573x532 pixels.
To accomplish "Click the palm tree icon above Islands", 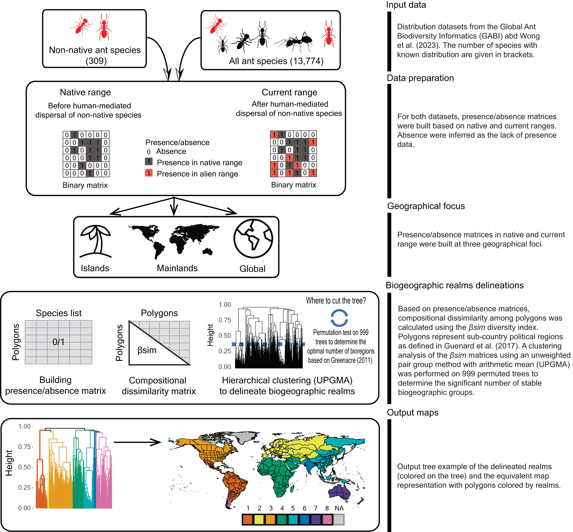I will tap(95, 241).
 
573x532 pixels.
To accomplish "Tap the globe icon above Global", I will tap(253, 238).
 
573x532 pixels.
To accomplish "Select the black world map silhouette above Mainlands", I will tap(174, 241).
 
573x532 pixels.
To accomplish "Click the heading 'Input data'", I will tap(406, 5).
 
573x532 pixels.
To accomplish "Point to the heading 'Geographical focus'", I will tap(426, 206).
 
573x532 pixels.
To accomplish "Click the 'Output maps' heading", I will tap(412, 413).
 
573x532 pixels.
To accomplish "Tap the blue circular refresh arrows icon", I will tap(339, 318).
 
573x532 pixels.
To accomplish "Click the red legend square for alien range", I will tap(149, 173).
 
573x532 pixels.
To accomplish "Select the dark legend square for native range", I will tap(149, 161).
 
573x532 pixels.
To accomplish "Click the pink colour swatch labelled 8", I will tap(327, 520).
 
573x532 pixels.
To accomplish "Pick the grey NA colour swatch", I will tap(339, 520).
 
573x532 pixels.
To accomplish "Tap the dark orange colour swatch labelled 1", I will tap(248, 520).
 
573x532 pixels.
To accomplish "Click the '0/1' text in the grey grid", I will tap(59, 342).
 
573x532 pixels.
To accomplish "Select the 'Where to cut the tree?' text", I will tap(336, 301).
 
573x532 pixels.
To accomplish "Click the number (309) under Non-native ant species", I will tap(96, 61).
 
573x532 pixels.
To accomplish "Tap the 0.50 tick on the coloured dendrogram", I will tap(25, 467).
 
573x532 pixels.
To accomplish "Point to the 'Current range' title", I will tap(289, 92).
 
